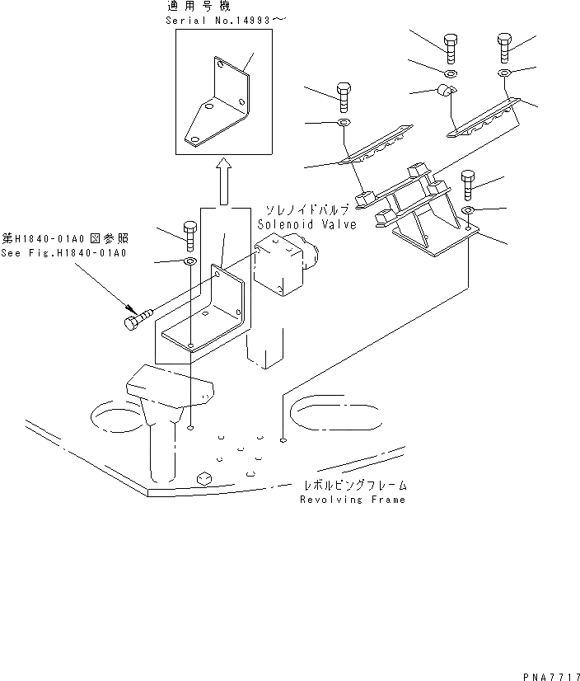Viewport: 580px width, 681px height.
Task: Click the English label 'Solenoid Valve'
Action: tap(306, 224)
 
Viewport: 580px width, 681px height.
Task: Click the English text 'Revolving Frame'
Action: tap(352, 500)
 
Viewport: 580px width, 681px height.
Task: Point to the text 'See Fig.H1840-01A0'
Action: tap(63, 252)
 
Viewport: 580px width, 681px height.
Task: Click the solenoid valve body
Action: tap(280, 263)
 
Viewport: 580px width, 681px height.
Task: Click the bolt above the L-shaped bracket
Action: tap(189, 235)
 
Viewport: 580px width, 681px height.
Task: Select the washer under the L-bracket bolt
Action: tap(189, 261)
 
